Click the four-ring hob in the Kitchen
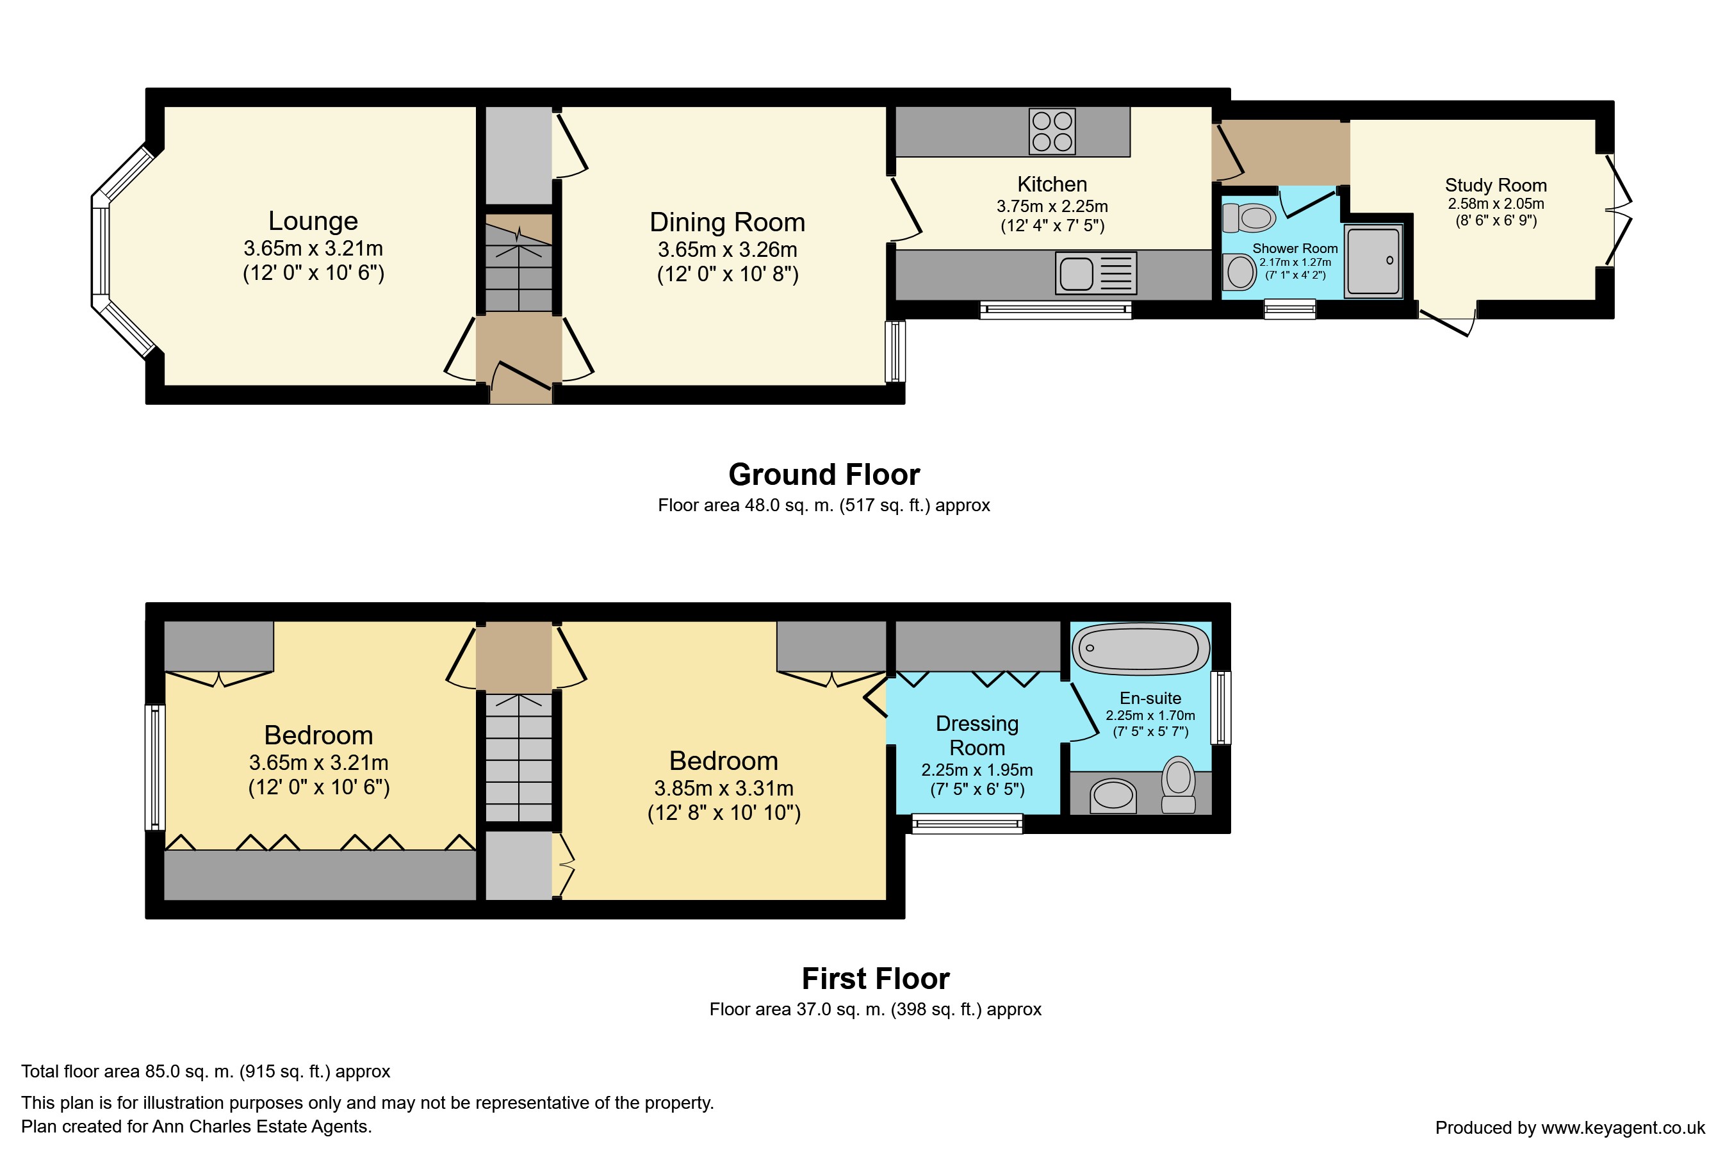point(1052,131)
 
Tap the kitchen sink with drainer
point(1095,273)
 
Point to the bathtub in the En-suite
point(1140,648)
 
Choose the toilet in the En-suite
point(1178,785)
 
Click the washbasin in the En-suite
point(1113,794)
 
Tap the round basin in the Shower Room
point(1239,272)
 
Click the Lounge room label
point(313,220)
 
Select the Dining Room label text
point(727,222)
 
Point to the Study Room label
point(1496,185)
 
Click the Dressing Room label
point(977,735)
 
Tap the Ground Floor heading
point(824,474)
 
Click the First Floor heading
point(876,979)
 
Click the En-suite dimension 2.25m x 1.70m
point(1150,716)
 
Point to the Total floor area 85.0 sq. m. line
point(206,1072)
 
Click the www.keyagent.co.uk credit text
point(1623,1127)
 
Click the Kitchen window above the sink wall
point(1056,310)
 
